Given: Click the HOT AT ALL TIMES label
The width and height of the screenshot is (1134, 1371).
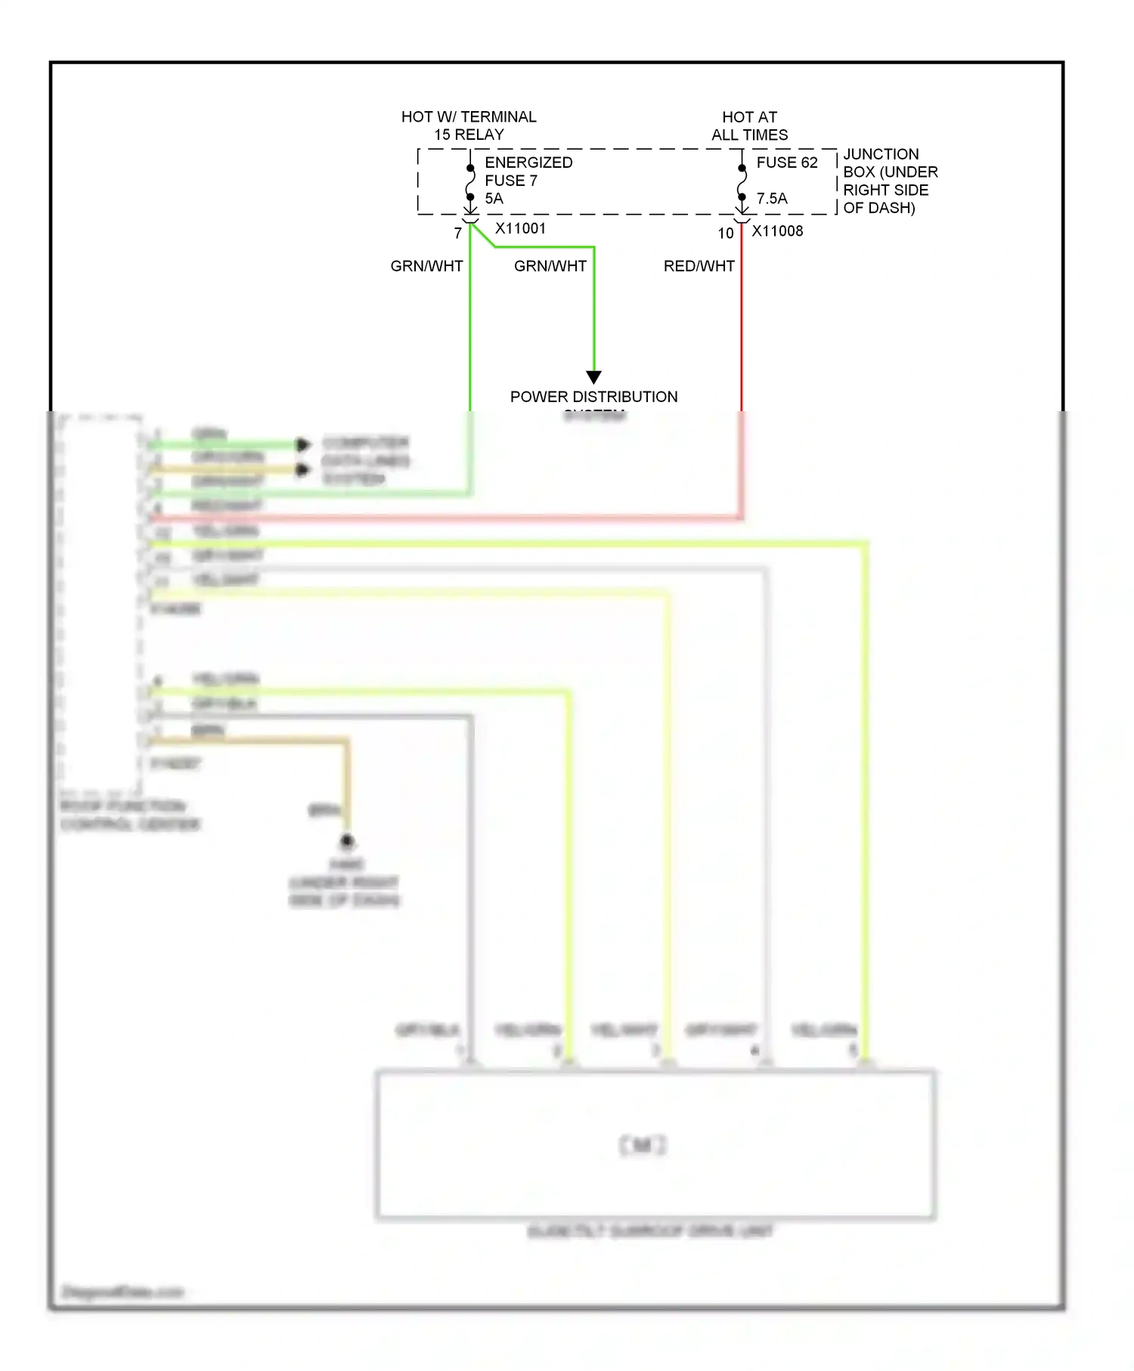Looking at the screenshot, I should point(749,125).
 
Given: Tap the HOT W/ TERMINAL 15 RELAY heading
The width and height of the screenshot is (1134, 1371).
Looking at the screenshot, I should point(469,125).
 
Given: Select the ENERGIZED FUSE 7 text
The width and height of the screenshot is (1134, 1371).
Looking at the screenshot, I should point(528,172).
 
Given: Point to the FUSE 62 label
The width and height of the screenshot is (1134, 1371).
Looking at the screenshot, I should point(786,162).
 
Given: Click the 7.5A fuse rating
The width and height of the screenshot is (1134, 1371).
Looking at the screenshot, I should point(771,199).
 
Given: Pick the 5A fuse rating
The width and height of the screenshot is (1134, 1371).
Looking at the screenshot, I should point(494,199).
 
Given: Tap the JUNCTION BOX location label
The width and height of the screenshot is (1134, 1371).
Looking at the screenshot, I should point(890,181).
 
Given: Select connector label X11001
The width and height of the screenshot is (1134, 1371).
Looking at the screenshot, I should point(520,228).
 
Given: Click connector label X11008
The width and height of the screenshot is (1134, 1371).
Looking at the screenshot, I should point(777,231).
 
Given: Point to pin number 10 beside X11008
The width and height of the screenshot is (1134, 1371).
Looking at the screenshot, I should point(726,234).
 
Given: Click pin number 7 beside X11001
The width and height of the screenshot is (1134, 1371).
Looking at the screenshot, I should point(458,234).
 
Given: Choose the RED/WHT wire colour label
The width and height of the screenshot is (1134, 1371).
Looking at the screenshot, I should point(699,266).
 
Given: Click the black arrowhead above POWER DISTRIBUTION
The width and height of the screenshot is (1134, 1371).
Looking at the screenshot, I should point(594,376).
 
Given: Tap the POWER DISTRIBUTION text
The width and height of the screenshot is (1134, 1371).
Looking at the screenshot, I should point(593,397).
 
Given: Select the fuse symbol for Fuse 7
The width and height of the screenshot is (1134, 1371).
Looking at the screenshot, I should point(470,182).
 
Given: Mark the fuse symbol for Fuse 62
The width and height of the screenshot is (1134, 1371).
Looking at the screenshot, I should point(742,182).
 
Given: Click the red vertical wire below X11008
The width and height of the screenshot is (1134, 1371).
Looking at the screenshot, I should point(742,325).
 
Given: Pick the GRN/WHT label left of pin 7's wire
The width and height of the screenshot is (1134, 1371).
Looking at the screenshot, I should point(426,266).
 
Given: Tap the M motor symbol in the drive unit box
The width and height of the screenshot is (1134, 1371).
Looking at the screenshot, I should point(643,1145).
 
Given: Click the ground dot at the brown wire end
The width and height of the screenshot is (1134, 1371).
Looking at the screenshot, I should point(347,840).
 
